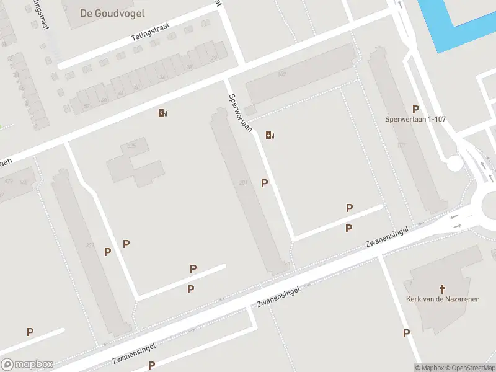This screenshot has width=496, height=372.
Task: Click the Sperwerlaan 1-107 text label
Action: pos(415,119)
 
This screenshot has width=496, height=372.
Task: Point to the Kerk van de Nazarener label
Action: pos(442,299)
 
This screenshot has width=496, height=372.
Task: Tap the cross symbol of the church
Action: pos(443,288)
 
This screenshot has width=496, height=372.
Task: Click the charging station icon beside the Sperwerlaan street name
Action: pos(269,135)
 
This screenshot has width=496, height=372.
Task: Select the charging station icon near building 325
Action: pos(162,113)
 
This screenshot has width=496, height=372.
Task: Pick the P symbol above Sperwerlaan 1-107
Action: pos(415,109)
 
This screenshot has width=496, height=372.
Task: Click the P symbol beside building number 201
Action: pos(265,183)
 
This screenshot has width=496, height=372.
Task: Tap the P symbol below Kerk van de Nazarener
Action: pos(406,333)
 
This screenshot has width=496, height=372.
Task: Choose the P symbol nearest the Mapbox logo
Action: pos(30,332)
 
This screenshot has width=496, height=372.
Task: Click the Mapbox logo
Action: pos(27,365)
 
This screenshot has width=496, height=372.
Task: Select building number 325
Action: pos(131,146)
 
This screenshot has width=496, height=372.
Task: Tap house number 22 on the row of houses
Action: pos(214,58)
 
